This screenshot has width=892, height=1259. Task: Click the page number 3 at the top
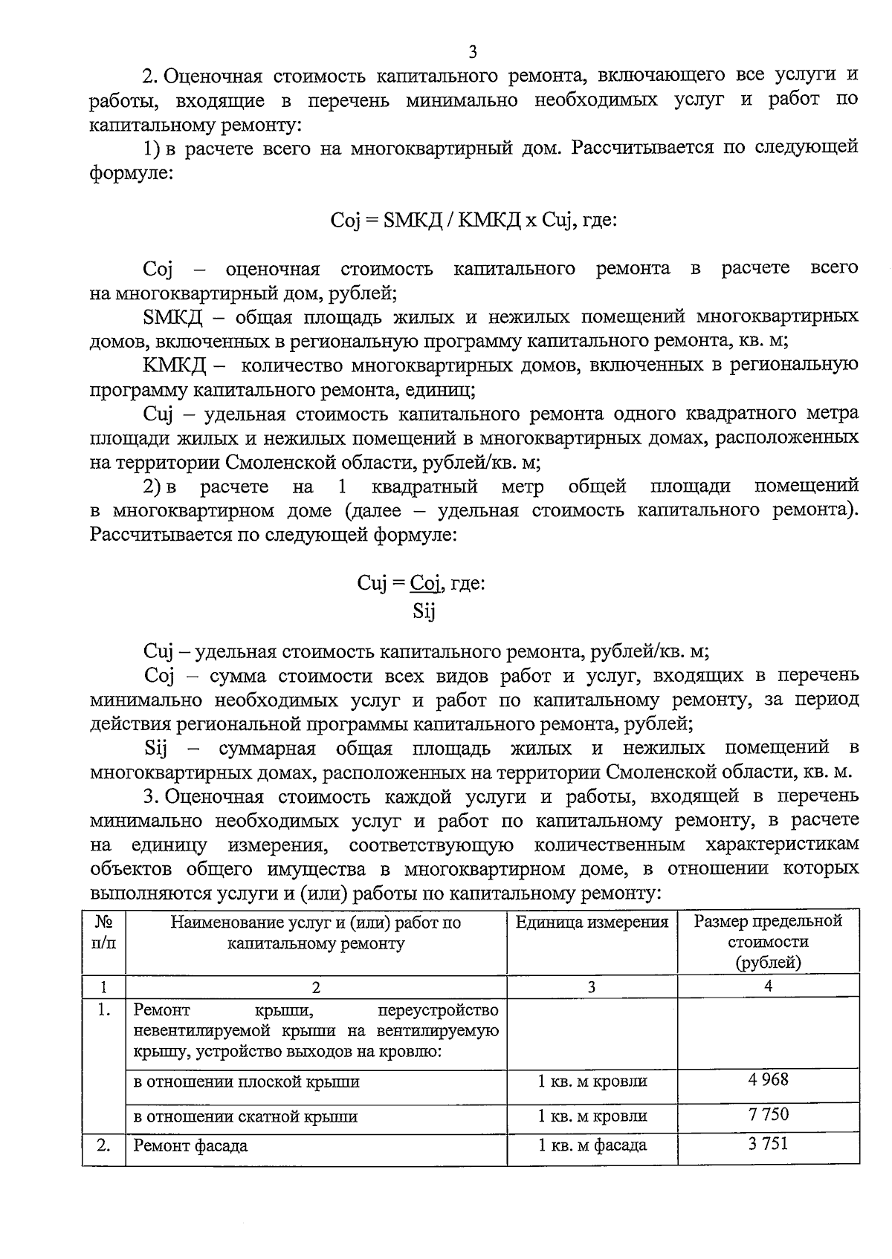click(x=473, y=51)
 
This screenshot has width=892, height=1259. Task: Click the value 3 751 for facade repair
click(x=768, y=1144)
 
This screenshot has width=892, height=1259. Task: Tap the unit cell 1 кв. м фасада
click(x=592, y=1145)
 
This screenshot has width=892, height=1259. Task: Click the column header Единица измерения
click(x=592, y=923)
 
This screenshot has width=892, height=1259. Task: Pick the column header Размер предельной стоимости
click(x=768, y=941)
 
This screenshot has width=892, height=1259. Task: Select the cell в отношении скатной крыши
click(x=245, y=1116)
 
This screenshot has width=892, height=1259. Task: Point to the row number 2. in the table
click(x=103, y=1145)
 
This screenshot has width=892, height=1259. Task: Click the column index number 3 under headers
click(x=592, y=986)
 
